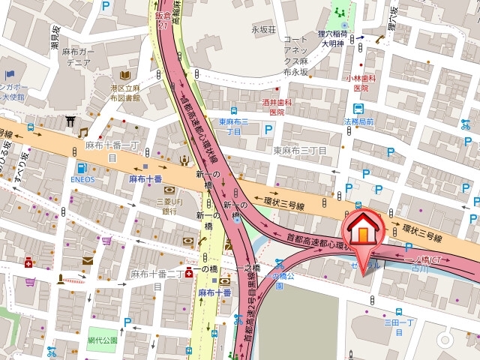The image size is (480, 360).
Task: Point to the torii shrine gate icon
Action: (x=70, y=121)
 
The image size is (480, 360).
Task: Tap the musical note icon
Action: (x=83, y=132)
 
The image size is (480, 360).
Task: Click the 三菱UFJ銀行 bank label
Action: (x=171, y=206)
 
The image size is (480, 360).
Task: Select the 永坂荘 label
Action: (x=264, y=29)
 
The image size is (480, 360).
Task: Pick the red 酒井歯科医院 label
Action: (x=277, y=107)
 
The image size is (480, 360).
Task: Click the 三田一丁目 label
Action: (x=400, y=326)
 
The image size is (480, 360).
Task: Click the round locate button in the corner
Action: (x=445, y=340)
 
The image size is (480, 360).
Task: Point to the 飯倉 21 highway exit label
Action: (x=163, y=19)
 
